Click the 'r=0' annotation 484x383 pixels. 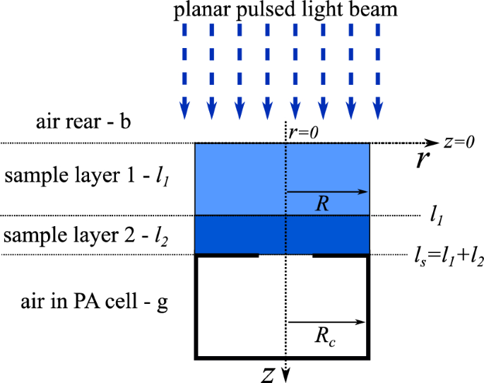tap(303, 131)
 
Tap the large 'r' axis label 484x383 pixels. tap(423, 160)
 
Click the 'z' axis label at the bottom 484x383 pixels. tap(267, 375)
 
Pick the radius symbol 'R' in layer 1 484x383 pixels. tap(323, 206)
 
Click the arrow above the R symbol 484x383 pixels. tap(329, 191)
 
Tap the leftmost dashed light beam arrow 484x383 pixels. tap(184, 71)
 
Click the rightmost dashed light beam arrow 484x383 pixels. tap(379, 71)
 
